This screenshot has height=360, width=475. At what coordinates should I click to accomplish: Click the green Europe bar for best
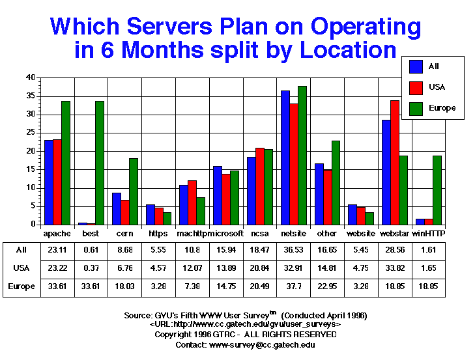[99, 163]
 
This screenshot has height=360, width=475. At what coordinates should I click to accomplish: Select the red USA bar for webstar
[395, 162]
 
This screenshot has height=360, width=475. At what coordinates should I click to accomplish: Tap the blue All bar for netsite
[285, 157]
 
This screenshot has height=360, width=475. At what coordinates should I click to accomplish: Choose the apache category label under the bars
[57, 232]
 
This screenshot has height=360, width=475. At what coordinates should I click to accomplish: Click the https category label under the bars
[158, 232]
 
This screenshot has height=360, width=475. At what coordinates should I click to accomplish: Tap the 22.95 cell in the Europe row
[327, 286]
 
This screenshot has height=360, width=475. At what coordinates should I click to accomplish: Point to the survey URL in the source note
[245, 324]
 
